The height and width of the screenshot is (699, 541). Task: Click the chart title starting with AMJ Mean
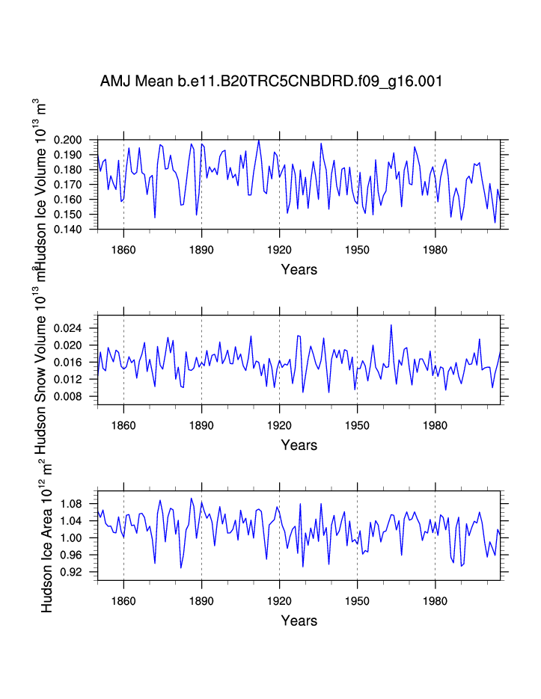click(x=271, y=81)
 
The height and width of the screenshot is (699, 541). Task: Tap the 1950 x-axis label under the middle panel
click(x=357, y=423)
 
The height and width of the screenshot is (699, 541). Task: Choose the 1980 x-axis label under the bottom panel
click(x=435, y=599)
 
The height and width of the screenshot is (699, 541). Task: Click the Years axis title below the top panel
click(x=299, y=269)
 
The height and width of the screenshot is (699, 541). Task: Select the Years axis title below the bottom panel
click(x=299, y=621)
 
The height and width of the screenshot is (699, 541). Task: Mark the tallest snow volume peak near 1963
click(x=391, y=324)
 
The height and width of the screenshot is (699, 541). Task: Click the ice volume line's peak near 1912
click(x=259, y=140)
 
